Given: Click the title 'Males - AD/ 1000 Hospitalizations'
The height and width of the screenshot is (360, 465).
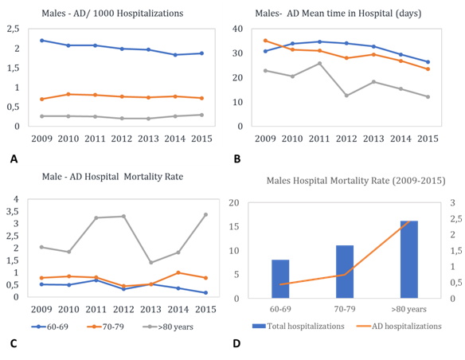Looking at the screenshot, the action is [x=112, y=14].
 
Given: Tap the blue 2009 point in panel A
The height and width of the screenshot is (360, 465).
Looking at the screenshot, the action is [x=42, y=41].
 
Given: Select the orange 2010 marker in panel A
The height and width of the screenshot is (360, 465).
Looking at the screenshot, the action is [x=68, y=94].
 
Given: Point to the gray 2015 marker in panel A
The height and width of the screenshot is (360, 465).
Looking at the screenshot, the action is [x=201, y=115].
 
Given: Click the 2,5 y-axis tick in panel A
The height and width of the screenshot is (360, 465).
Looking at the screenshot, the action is [x=13, y=29].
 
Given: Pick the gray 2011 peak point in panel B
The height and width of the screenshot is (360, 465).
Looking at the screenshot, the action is [x=320, y=64].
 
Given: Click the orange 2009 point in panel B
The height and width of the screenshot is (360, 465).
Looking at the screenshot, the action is [x=265, y=41].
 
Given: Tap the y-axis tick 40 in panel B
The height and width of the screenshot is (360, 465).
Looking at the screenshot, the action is [x=237, y=29].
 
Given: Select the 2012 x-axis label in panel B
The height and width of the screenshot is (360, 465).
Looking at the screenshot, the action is [x=346, y=139].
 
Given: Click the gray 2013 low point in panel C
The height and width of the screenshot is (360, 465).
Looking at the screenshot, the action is [x=151, y=263].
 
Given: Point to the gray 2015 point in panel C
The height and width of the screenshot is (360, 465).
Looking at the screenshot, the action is [x=205, y=214].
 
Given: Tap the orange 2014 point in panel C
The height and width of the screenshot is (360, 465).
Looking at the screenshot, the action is [x=178, y=272].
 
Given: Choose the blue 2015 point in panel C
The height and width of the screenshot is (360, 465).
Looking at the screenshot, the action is [x=205, y=292].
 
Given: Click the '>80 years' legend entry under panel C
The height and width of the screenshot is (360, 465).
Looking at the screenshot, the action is [x=168, y=327].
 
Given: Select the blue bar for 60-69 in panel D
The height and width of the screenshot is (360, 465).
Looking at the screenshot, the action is [x=280, y=279].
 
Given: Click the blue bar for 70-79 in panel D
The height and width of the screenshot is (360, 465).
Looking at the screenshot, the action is [x=345, y=272].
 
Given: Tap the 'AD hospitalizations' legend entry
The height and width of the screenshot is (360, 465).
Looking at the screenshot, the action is [x=399, y=327].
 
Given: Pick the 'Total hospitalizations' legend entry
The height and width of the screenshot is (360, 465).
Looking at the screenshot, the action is [x=299, y=327].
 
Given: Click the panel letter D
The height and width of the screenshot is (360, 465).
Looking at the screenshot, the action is [x=236, y=343].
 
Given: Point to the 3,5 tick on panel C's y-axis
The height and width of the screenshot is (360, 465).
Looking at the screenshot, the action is [x=13, y=211].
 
